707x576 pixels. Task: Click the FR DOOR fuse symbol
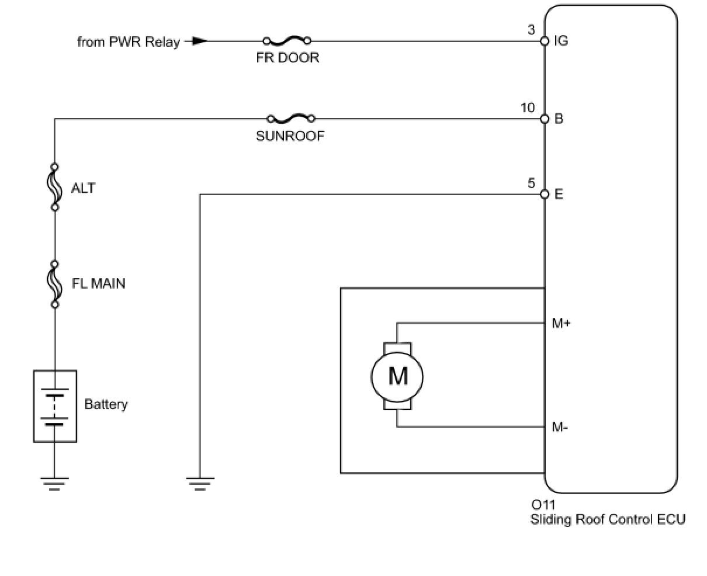tap(286, 41)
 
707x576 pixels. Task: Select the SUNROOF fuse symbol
tap(290, 119)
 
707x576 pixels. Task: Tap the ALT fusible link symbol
tap(55, 186)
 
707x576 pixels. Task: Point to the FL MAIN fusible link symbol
tap(55, 283)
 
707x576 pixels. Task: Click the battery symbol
tap(55, 405)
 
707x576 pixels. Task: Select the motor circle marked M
tap(397, 376)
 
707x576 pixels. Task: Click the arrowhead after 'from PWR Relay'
tap(200, 41)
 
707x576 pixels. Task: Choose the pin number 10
tap(527, 108)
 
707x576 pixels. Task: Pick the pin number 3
tap(531, 30)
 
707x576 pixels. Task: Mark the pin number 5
tap(531, 183)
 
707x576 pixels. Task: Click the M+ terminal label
tap(561, 323)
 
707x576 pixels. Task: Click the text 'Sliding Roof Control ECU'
tap(607, 519)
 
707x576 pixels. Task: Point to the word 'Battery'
tap(106, 404)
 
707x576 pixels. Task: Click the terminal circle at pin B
tap(545, 119)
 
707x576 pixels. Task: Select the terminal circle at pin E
tap(545, 194)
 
